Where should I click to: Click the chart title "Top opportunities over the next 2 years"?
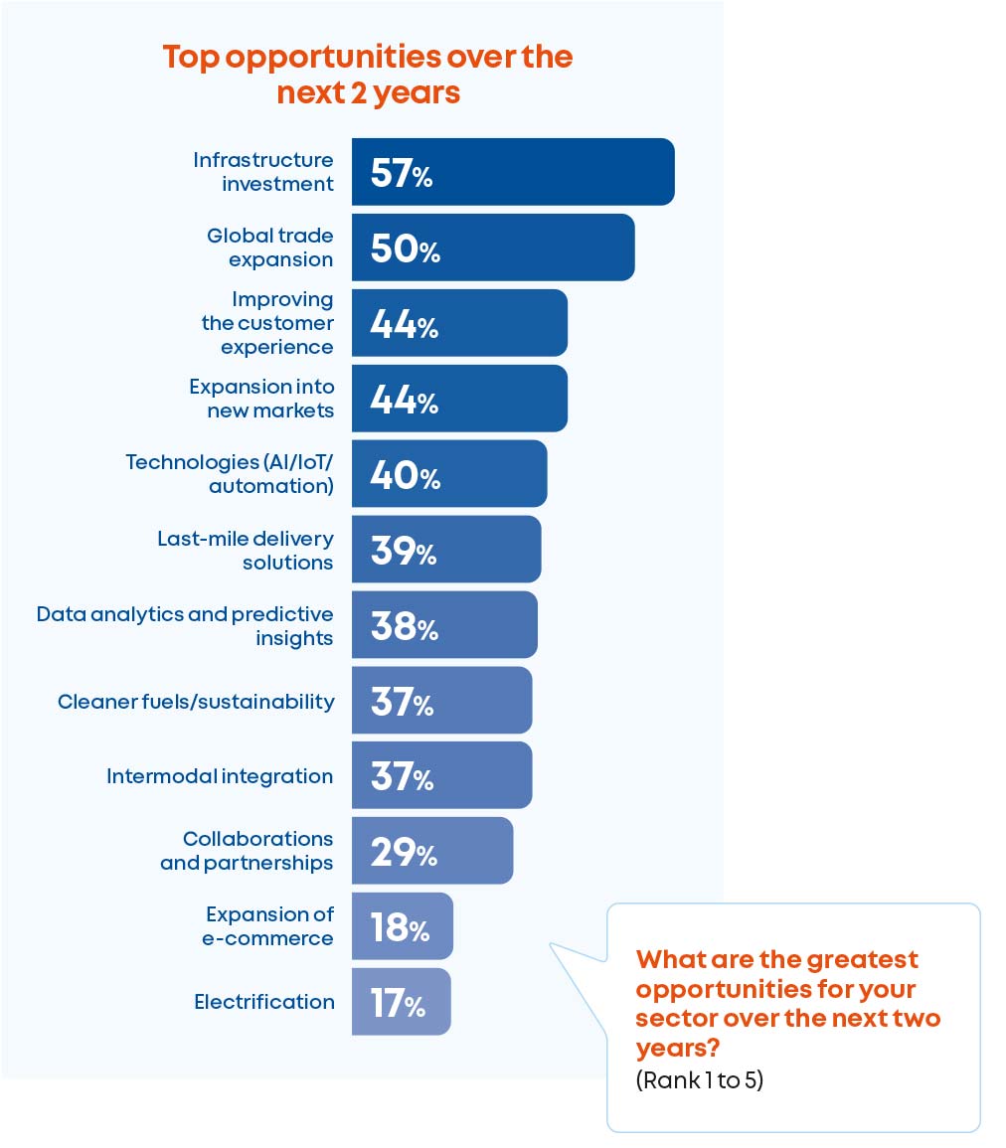pyautogui.click(x=368, y=75)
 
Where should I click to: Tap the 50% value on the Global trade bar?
pyautogui.click(x=405, y=248)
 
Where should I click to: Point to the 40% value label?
pyautogui.click(x=405, y=475)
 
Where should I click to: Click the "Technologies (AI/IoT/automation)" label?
pyautogui.click(x=230, y=474)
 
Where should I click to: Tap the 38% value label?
pyautogui.click(x=404, y=626)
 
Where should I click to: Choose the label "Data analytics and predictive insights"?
pyautogui.click(x=185, y=626)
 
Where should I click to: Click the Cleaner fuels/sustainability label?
pyautogui.click(x=196, y=702)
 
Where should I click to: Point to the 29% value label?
pyautogui.click(x=404, y=853)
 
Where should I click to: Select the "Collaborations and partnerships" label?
pyautogui.click(x=247, y=851)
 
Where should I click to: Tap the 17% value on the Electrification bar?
pyautogui.click(x=399, y=1004)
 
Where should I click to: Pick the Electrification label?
pyautogui.click(x=264, y=1002)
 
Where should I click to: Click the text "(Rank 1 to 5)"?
pyautogui.click(x=699, y=1080)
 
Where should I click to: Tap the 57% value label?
pyautogui.click(x=401, y=174)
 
